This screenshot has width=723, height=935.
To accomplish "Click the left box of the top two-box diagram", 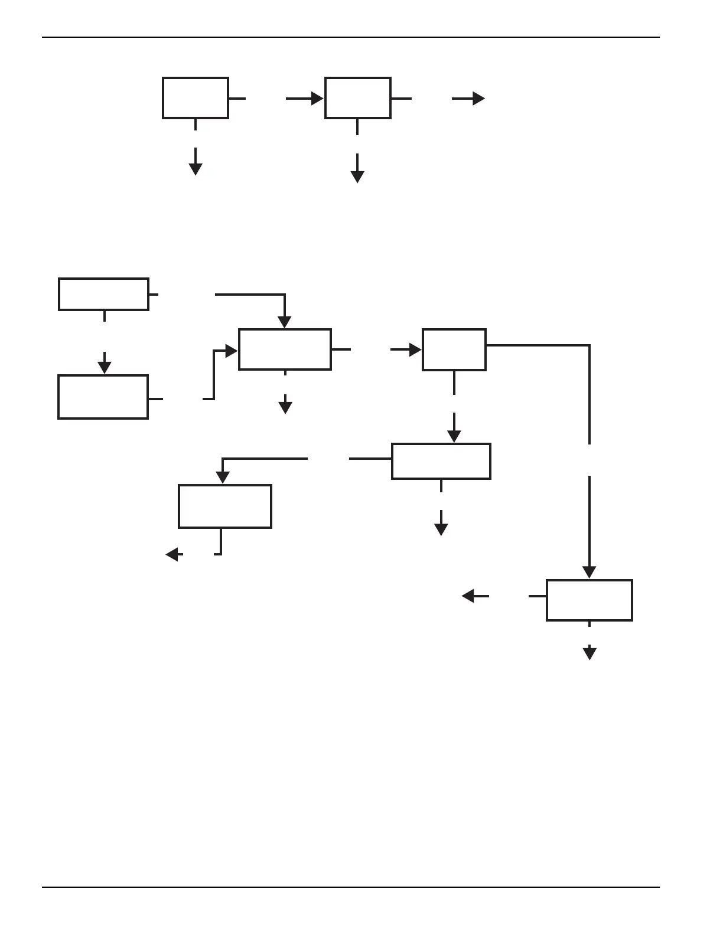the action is (196, 98).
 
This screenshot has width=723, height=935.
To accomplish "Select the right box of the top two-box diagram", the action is (357, 98).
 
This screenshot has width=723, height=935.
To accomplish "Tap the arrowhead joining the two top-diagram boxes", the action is (317, 99).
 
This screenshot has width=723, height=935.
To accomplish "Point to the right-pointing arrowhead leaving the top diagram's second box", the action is (478, 99).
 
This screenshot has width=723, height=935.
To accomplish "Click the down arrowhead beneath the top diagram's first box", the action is (196, 169).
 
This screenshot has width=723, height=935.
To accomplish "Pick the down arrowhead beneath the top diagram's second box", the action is (357, 176).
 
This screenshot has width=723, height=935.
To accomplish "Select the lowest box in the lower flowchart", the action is (589, 600).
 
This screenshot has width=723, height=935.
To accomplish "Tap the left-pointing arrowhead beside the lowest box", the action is (468, 596).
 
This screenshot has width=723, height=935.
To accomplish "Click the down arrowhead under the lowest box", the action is (589, 653).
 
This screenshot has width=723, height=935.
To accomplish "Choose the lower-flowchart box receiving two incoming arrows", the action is (285, 349).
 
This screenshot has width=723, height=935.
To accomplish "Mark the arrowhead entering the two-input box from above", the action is (285, 322).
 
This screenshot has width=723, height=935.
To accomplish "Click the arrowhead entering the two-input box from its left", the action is (232, 351).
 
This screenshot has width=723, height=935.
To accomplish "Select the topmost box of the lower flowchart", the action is (103, 294).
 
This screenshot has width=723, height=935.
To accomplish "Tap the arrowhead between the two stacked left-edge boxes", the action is (105, 368).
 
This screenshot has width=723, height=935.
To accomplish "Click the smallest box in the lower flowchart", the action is (454, 349).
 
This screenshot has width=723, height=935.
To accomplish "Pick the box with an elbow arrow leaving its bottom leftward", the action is (225, 506).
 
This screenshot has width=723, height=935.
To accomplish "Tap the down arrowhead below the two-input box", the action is (285, 407).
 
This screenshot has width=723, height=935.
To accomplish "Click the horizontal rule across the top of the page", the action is (351, 37).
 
